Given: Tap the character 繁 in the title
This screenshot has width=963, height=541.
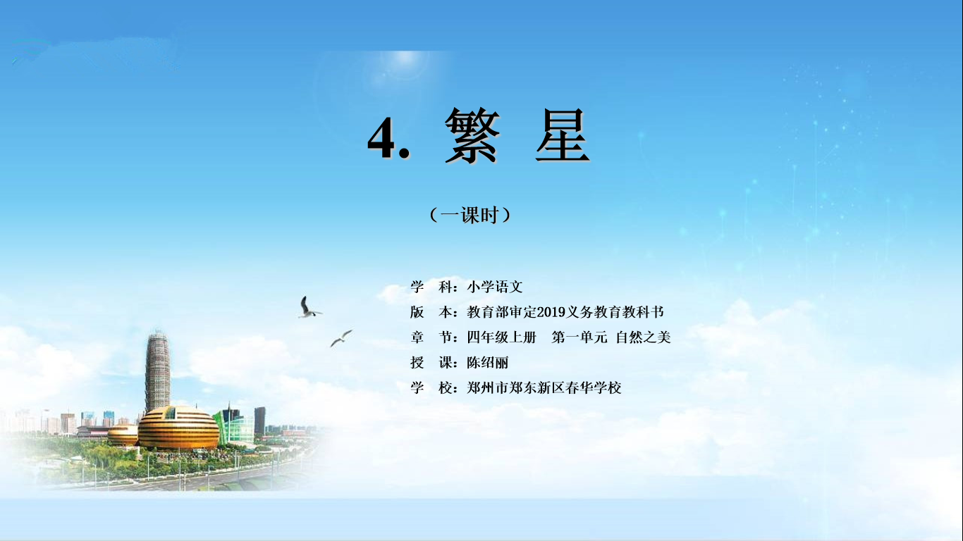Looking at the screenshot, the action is [x=472, y=136].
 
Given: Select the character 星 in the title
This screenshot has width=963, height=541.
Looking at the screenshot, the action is [x=562, y=135].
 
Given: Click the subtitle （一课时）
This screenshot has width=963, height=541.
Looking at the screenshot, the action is [x=470, y=215].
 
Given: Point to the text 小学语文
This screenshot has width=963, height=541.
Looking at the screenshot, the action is [x=495, y=287].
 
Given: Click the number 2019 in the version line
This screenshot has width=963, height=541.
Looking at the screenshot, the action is [x=551, y=312].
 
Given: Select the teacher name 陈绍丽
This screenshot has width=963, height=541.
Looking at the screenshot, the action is [x=488, y=362].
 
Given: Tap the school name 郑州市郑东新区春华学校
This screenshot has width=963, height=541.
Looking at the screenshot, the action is [x=544, y=387].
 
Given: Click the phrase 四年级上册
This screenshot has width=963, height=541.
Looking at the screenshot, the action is [x=502, y=337].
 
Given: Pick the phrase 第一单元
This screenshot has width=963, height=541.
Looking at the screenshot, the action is [x=579, y=337].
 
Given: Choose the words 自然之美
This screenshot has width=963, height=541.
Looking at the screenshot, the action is [x=643, y=337].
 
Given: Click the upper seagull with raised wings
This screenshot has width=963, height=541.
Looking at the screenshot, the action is [x=309, y=308].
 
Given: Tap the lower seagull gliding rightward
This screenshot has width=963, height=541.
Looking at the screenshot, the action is [x=341, y=337].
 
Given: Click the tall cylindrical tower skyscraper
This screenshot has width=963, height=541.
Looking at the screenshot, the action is [x=157, y=371].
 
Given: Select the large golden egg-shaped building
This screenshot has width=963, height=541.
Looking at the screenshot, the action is [x=178, y=428].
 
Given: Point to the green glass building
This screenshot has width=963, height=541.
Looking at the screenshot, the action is [x=235, y=425].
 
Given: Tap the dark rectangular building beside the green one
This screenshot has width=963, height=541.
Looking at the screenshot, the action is [x=259, y=421].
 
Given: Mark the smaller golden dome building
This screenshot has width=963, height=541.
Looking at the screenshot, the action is [x=123, y=435].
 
